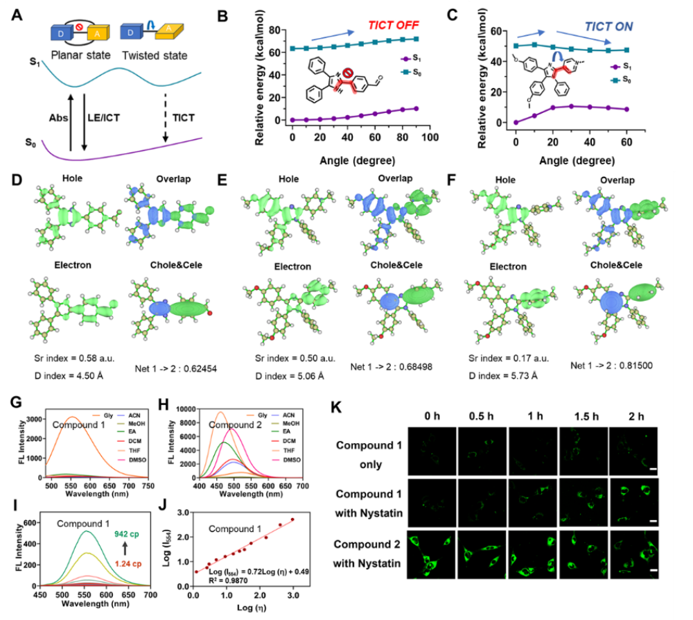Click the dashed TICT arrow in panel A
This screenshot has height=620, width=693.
point(165,116)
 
